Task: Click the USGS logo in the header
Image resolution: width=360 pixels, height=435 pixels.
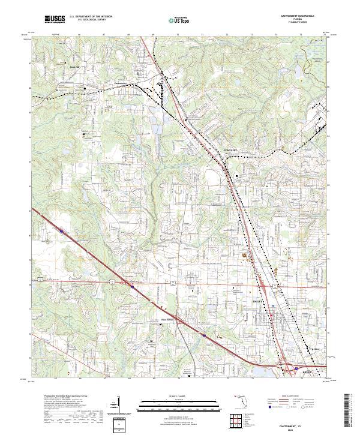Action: tap(55, 19)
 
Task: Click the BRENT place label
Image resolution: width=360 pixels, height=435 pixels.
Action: tap(305, 372)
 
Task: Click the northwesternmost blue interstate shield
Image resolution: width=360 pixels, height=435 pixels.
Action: tap(62, 229)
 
